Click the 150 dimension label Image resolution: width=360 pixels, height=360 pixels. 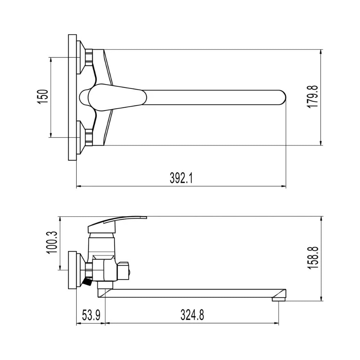coord(43,96)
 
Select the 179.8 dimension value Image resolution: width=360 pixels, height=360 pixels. coord(312,96)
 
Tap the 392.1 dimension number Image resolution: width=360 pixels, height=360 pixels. coord(181,178)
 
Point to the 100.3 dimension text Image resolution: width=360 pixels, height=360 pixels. coord(52,242)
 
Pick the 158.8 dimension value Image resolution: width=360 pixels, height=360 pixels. coord(313,258)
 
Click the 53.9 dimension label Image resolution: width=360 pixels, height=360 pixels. coord(91,315)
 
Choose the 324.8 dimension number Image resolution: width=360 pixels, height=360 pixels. coord(192,315)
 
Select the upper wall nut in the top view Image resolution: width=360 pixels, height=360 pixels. coord(89,57)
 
